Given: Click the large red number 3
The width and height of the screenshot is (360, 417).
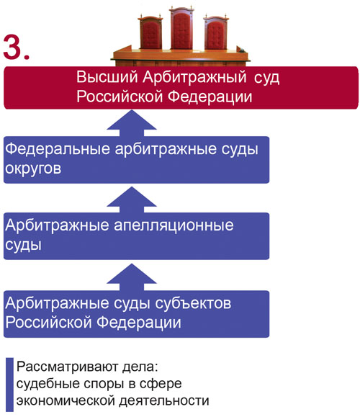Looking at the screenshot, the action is tap(16, 48).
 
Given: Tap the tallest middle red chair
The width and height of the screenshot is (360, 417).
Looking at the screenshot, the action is tap(182, 29).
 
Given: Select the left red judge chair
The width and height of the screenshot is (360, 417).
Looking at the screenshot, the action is tap(150, 32).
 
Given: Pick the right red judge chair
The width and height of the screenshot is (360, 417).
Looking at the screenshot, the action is tap(216, 32).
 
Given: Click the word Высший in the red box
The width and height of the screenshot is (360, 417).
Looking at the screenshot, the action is tap(107, 77).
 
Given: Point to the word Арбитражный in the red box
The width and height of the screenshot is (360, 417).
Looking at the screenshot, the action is tap(194, 78).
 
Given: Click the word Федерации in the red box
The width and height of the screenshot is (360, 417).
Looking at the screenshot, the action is tap(210, 97).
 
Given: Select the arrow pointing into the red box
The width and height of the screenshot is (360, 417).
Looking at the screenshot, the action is tap(132, 123).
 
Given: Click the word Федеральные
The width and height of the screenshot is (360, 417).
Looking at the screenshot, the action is tap(58, 150).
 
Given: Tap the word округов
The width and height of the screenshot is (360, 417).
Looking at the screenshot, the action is tap(33, 169).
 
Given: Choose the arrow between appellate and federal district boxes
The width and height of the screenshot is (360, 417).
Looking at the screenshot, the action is tap(132, 199).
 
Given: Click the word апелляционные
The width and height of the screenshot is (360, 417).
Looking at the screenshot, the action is tap(174, 226).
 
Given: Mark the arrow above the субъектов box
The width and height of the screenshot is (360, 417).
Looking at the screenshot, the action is tap(132, 277).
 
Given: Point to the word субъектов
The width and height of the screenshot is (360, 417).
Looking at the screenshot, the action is tap(193, 304).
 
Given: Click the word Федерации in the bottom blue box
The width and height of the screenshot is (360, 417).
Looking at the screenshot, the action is tap(138, 323).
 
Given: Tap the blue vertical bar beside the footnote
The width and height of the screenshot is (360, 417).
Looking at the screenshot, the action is tap(9, 385).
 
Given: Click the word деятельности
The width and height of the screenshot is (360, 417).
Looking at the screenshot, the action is tap(164, 401).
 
